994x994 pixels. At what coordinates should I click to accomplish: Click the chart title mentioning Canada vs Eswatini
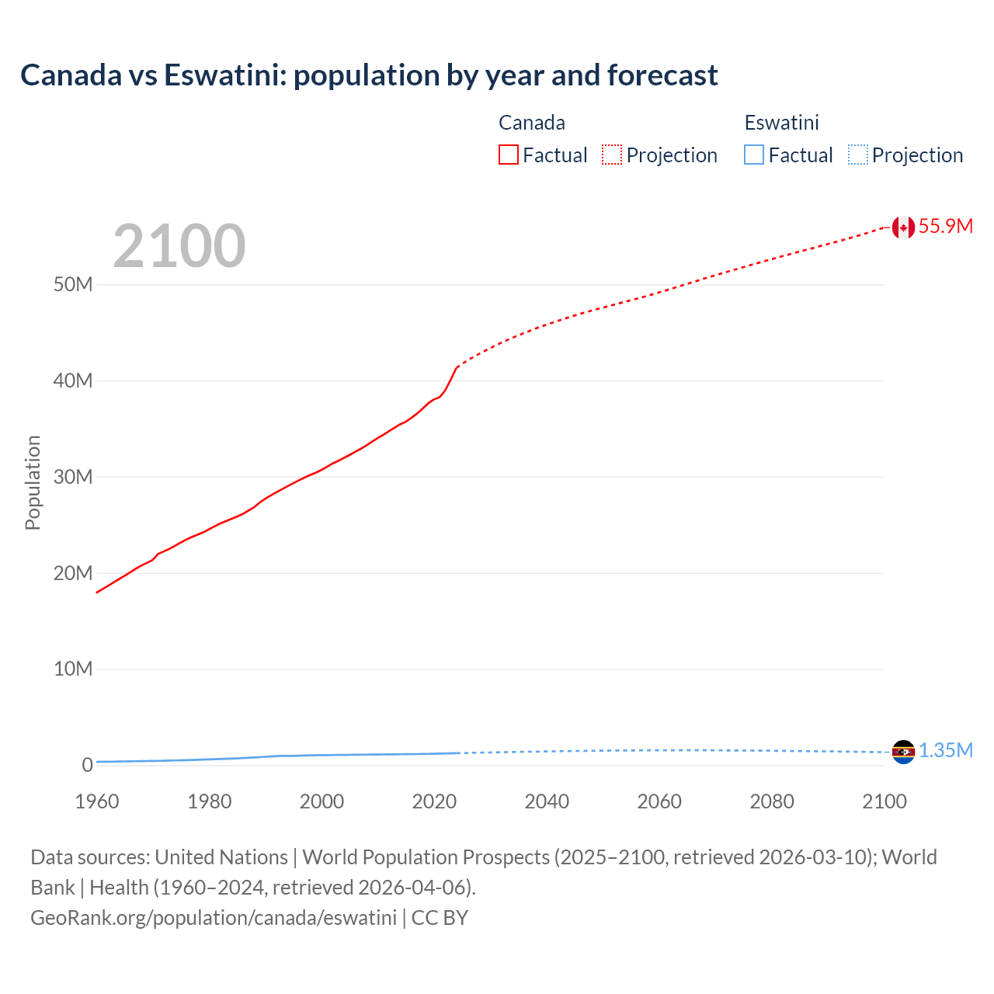tap(369, 75)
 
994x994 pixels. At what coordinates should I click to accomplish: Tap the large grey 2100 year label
tap(179, 246)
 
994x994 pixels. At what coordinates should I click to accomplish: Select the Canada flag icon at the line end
tap(902, 227)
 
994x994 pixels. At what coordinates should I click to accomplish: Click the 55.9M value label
tap(945, 226)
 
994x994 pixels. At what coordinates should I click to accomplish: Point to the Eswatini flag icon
tap(902, 752)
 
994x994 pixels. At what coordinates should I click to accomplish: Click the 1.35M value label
tap(945, 750)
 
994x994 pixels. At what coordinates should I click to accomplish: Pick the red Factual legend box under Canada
tap(509, 155)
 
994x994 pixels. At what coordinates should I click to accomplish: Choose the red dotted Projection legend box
tap(612, 155)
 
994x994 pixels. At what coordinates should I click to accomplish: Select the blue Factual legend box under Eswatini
tap(754, 155)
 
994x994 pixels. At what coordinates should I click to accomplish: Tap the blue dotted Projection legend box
tap(857, 155)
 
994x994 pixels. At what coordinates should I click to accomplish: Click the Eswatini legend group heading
tap(781, 123)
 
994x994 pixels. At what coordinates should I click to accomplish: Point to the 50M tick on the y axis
tap(73, 284)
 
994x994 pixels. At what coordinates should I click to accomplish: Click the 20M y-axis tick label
tap(73, 573)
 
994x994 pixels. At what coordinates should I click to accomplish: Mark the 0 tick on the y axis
tap(87, 765)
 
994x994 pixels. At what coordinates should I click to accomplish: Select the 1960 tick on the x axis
tap(97, 801)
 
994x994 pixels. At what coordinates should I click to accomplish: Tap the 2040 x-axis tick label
tap(547, 801)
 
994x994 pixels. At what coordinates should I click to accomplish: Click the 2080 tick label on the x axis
tap(772, 801)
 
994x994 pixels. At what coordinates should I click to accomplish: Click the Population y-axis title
tap(33, 482)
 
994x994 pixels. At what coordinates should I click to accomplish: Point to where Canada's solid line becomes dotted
tap(458, 365)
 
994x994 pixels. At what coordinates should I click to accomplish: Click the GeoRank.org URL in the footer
tap(214, 918)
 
